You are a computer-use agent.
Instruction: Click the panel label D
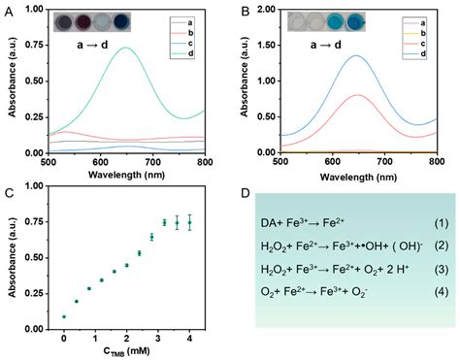241,192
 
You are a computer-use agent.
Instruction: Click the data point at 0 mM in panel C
64,316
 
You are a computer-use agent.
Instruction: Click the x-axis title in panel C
127,351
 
